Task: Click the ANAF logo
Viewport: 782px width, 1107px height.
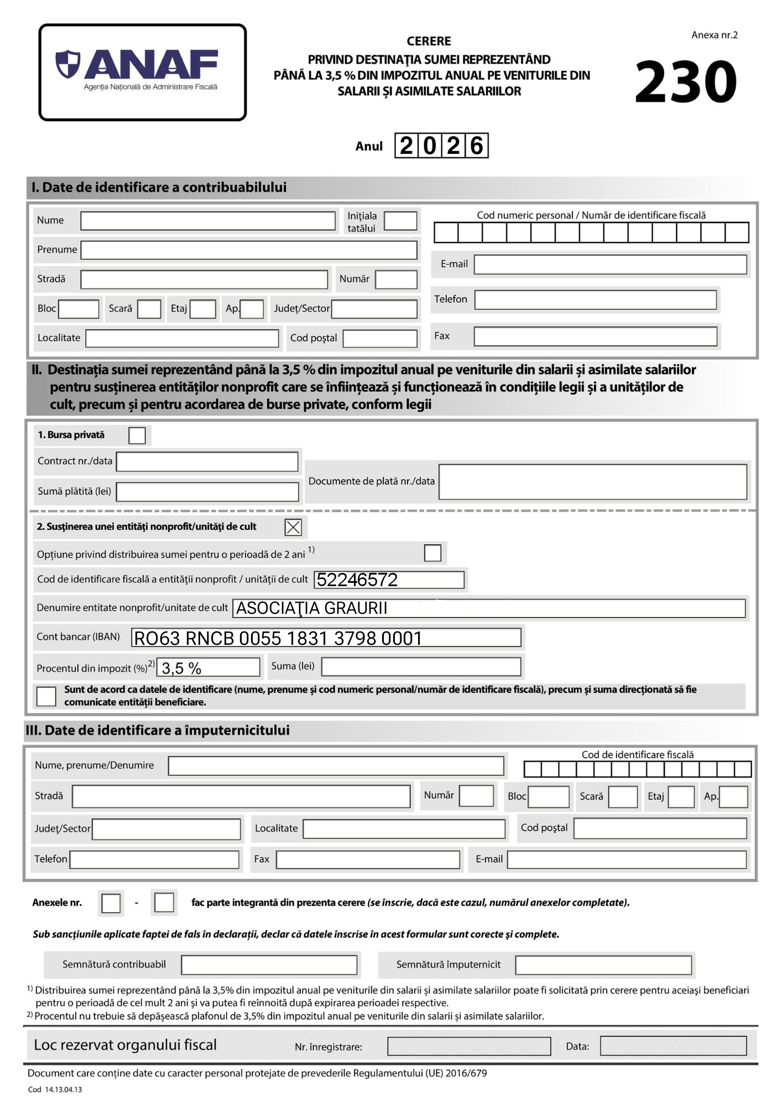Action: point(142,72)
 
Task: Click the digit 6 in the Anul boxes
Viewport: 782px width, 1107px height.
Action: point(477,146)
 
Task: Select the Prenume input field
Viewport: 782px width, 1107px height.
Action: point(249,250)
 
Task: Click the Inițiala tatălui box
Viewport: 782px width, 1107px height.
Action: point(400,221)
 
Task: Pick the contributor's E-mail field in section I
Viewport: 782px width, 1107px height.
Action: point(610,265)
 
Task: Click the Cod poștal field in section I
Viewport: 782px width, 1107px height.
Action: point(380,338)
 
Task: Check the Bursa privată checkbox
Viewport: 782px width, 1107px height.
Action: point(137,436)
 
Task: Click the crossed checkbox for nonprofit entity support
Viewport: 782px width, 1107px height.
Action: point(293,527)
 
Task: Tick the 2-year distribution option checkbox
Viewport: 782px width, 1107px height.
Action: point(432,553)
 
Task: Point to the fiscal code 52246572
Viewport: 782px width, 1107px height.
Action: point(357,580)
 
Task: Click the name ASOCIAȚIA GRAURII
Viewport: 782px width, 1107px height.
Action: point(312,608)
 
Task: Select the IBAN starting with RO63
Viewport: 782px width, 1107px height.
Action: point(278,639)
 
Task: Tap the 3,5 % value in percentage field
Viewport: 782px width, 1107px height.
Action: point(181,669)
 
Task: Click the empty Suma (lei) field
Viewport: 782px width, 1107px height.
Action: point(421,667)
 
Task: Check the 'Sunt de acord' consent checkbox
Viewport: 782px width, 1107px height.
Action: point(46,696)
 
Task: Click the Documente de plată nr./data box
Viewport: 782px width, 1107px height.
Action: point(592,482)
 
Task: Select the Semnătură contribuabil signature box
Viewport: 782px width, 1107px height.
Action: point(269,965)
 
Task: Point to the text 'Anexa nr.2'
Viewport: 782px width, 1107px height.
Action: point(715,35)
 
